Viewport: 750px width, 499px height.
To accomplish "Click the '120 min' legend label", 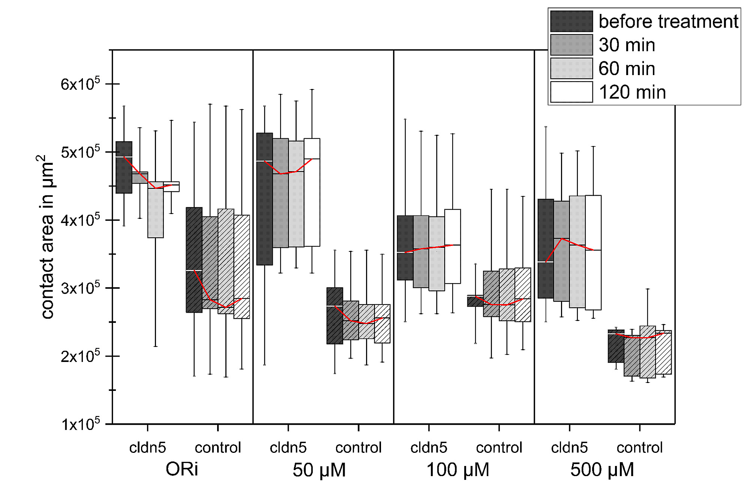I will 632,92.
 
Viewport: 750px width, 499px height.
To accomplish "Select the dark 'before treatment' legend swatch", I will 571,21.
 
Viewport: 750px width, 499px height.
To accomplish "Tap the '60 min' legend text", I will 627,69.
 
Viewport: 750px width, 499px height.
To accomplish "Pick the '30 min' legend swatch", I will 571,45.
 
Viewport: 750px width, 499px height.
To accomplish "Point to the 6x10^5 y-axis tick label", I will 80,84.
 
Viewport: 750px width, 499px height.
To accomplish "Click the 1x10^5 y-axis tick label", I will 80,424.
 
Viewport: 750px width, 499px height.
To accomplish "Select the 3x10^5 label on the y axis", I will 80,288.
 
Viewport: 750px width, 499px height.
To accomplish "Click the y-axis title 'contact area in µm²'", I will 46,237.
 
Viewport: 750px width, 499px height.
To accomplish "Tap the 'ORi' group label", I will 182,469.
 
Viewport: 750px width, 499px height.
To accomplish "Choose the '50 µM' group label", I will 319,470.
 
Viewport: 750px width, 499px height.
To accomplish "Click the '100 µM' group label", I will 458,470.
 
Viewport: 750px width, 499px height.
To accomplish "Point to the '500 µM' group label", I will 602,470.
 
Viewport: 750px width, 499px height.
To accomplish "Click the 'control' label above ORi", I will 218,448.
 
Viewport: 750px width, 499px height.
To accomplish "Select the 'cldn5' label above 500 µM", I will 569,448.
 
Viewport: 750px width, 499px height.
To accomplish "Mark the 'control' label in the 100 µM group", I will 499,448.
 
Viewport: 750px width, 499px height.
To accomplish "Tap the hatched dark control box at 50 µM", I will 334,316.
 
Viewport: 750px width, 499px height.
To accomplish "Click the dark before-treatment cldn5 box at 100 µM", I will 405,248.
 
